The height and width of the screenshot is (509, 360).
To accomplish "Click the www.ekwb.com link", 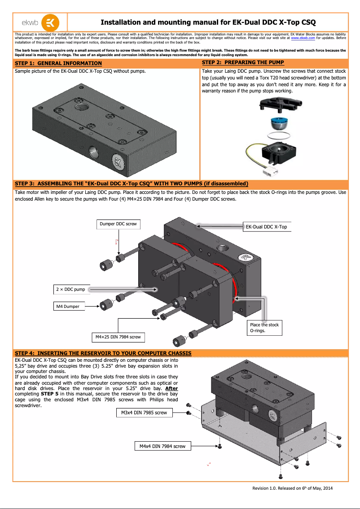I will pyautogui.click(x=303, y=39).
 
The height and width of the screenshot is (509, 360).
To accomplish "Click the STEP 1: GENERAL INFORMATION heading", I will pyautogui.click(x=58, y=63).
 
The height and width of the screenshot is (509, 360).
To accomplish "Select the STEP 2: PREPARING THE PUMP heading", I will pyautogui.click(x=243, y=62).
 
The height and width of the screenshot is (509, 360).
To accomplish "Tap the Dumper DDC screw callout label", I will pyautogui.click(x=119, y=224).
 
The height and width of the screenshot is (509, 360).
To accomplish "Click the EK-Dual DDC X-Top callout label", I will pyautogui.click(x=266, y=227).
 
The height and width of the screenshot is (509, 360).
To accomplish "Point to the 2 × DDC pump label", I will pyautogui.click(x=70, y=290).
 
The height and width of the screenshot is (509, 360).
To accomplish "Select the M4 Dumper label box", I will pyautogui.click(x=68, y=307).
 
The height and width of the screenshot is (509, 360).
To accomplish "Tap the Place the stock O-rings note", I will pyautogui.click(x=265, y=328).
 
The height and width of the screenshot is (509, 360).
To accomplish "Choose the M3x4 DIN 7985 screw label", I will pyautogui.click(x=144, y=412).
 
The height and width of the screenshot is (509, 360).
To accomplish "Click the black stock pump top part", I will pyautogui.click(x=281, y=105).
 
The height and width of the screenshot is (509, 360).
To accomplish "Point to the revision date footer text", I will pyautogui.click(x=292, y=488).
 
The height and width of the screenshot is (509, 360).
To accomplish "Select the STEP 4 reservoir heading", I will pyautogui.click(x=103, y=353).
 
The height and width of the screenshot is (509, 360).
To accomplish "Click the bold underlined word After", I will pyautogui.click(x=171, y=388).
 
